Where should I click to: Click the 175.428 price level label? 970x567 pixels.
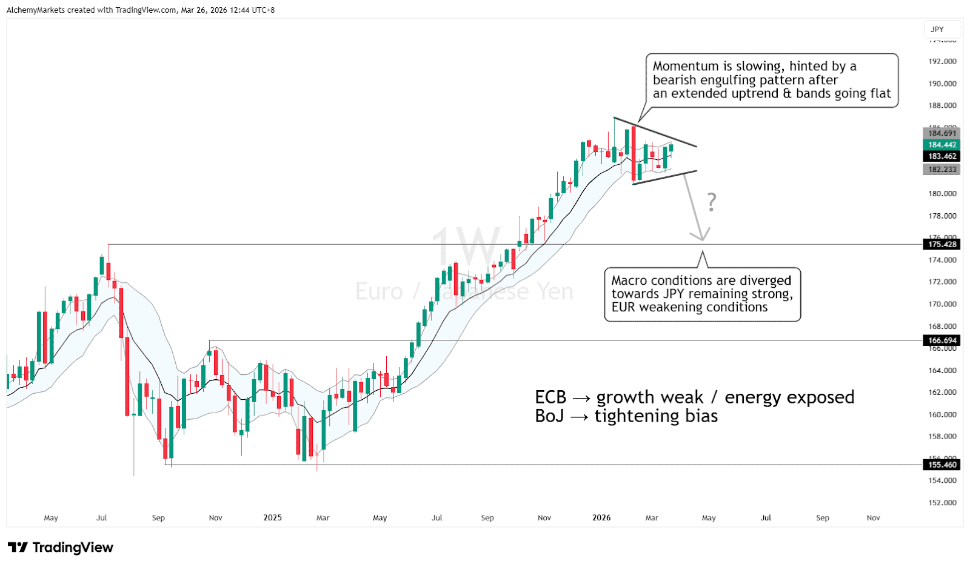(x=942, y=245)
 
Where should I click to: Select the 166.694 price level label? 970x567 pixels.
(x=942, y=340)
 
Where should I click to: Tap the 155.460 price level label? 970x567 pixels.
(x=942, y=465)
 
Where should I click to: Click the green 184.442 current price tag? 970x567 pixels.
(x=942, y=145)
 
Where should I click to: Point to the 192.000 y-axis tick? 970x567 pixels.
(x=942, y=61)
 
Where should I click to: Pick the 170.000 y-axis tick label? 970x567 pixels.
(x=942, y=304)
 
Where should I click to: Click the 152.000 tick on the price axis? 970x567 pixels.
(x=942, y=503)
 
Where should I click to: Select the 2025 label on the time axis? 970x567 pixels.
(x=272, y=518)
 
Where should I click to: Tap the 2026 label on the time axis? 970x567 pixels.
(x=601, y=518)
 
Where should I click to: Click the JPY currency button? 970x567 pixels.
(x=937, y=29)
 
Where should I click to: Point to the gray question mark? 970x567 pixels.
(x=712, y=202)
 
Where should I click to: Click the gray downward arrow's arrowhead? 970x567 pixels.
(x=703, y=236)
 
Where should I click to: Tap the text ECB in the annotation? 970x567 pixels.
(x=550, y=397)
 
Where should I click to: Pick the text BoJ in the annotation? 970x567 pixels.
(x=549, y=416)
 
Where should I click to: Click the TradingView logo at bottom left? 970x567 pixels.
(x=61, y=548)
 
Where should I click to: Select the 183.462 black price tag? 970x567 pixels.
(x=942, y=156)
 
